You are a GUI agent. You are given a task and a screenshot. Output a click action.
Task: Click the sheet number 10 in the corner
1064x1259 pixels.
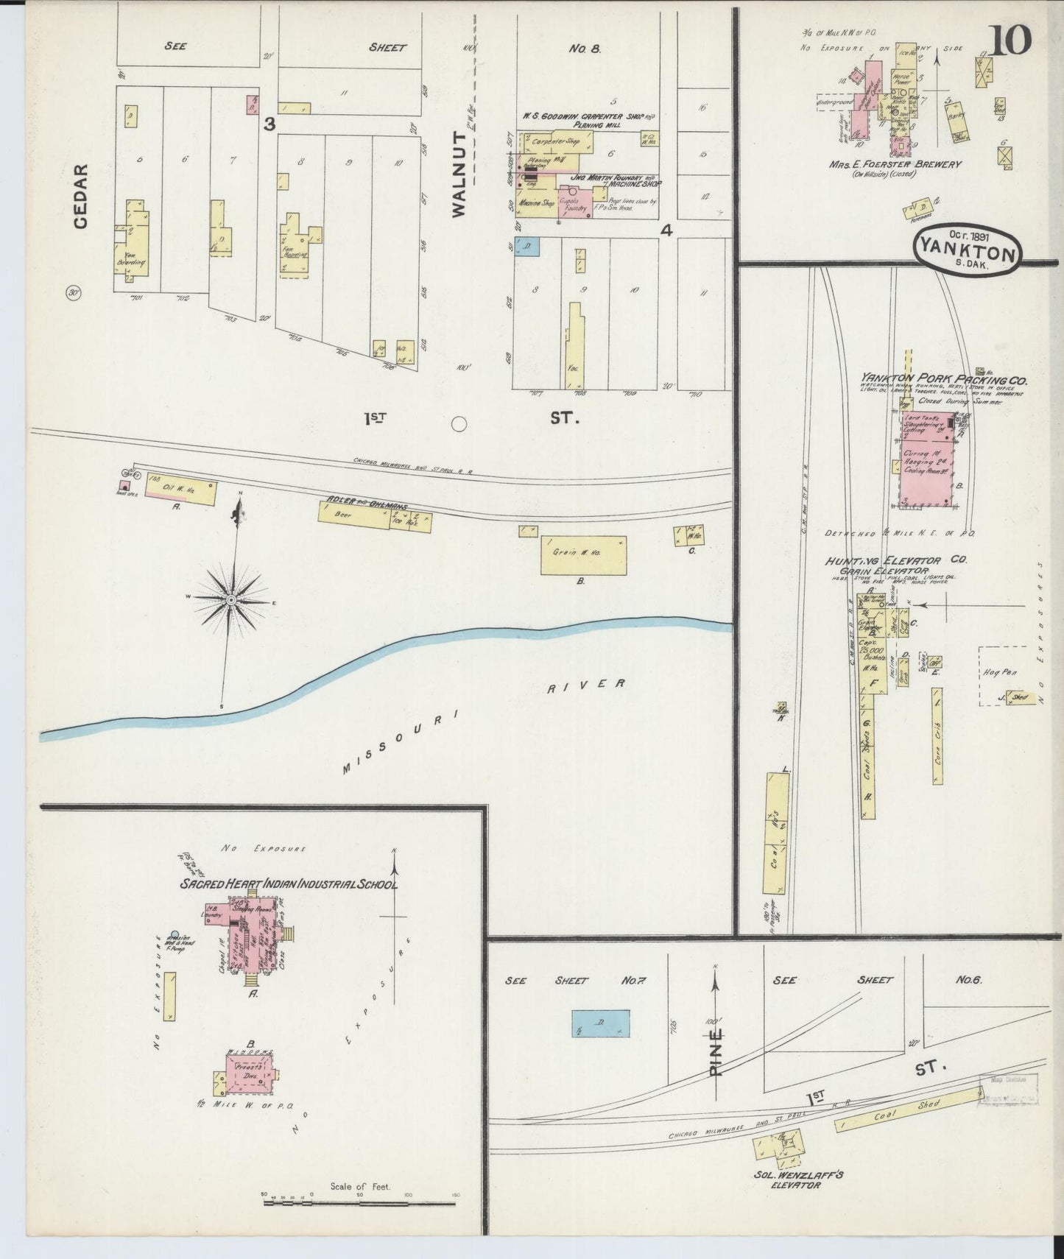point(1011,40)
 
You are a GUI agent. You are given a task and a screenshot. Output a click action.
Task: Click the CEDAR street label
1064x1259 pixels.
point(80,195)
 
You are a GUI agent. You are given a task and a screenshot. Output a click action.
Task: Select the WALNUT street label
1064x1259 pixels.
point(459,174)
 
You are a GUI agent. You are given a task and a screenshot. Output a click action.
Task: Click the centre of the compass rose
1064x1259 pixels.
point(231,601)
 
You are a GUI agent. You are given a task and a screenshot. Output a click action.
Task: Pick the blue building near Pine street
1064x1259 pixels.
point(602,1023)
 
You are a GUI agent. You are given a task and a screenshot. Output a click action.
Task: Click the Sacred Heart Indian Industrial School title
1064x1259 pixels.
point(289,884)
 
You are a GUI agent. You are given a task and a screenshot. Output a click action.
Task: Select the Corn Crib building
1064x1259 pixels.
point(937,736)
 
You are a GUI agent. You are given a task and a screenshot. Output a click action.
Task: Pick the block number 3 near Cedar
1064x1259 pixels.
point(269,125)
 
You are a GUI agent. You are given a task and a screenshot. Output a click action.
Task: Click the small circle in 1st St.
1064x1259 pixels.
point(459,423)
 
